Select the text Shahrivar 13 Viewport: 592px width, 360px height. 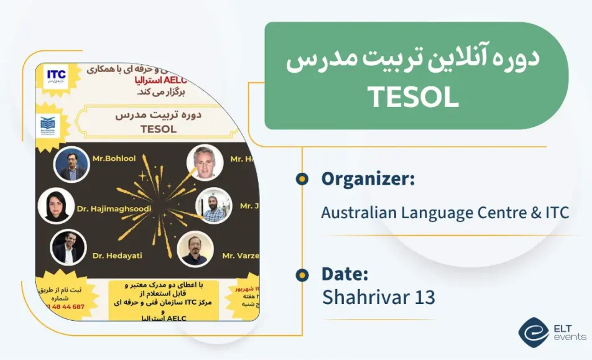[x=378, y=297]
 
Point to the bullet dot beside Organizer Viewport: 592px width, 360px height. [x=302, y=179]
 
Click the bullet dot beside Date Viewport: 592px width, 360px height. [x=302, y=274]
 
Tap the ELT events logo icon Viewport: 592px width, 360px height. [x=533, y=333]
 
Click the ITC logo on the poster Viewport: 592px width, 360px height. [x=56, y=76]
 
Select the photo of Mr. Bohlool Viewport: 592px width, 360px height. [x=68, y=164]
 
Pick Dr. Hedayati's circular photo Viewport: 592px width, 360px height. [x=67, y=247]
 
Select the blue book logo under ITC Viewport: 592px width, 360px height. [x=48, y=126]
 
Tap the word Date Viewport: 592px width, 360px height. [x=345, y=274]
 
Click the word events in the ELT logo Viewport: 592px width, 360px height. [x=569, y=337]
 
